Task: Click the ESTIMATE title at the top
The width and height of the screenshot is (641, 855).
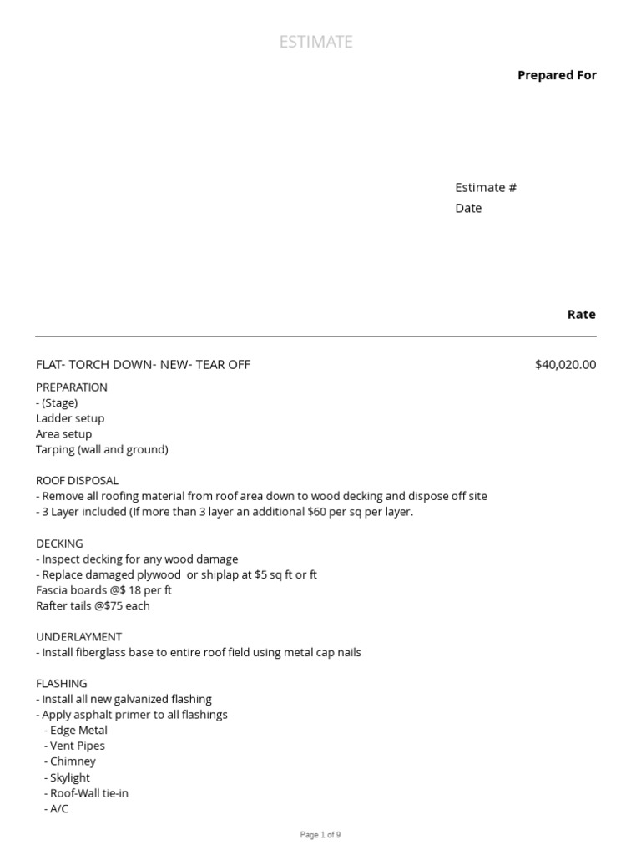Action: [x=316, y=42]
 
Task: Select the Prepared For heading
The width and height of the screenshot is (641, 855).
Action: [x=557, y=75]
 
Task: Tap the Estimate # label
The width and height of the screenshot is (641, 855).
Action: [x=486, y=187]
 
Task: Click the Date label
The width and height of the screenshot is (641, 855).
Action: [x=468, y=208]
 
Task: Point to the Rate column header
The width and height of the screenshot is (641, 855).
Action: [x=582, y=315]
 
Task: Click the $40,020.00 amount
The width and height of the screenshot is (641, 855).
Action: [x=565, y=364]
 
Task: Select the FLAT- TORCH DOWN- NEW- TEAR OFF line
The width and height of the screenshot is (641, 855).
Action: [x=143, y=364]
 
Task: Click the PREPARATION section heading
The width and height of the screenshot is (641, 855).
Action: [x=72, y=387]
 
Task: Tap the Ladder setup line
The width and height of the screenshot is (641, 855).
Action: [x=70, y=418]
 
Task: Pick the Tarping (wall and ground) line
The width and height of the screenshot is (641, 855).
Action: [x=102, y=449]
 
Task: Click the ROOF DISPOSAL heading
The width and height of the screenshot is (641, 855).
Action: [x=77, y=481]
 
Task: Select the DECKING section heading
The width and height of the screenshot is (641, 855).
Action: [x=59, y=544]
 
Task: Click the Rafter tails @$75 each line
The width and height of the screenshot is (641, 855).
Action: [x=93, y=606]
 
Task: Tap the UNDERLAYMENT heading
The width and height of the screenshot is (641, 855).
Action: [x=78, y=637]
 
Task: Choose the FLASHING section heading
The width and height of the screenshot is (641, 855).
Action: [x=61, y=684]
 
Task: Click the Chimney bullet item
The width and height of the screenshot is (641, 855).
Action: [x=73, y=761]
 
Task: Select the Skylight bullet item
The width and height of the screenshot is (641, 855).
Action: [x=70, y=777]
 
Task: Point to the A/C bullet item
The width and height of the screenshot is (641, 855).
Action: [x=59, y=809]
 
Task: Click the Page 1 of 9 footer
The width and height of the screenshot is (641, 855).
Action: [x=320, y=835]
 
